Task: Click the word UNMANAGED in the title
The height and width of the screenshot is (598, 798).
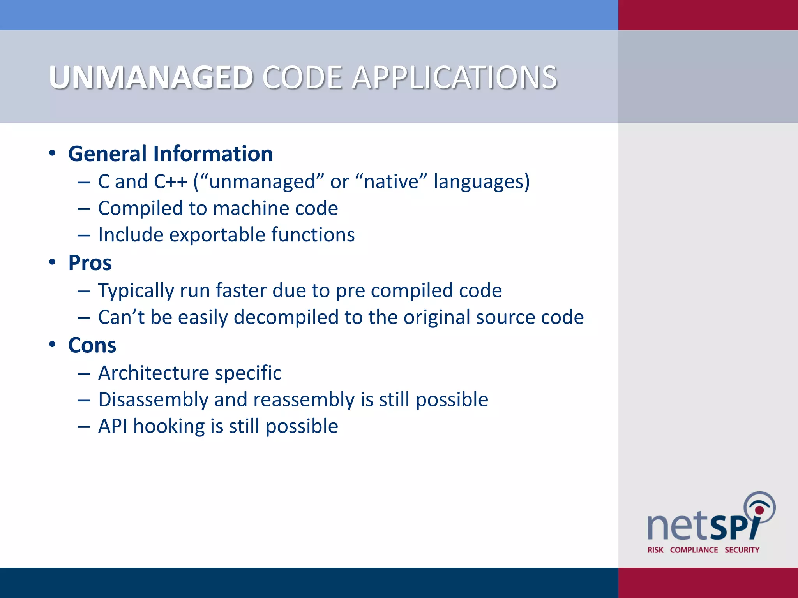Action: click(x=151, y=77)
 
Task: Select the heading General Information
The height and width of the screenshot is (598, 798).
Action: click(x=170, y=154)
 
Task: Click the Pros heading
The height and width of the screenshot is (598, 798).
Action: click(x=90, y=263)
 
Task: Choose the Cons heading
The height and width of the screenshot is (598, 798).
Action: click(x=92, y=345)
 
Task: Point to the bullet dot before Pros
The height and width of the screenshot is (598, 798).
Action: click(x=52, y=262)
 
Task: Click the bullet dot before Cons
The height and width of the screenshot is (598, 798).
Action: click(x=52, y=345)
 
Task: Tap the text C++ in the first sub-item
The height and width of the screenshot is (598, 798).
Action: click(x=170, y=182)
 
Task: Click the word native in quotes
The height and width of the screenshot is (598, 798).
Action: click(x=391, y=182)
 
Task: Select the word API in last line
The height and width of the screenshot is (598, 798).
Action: click(x=113, y=426)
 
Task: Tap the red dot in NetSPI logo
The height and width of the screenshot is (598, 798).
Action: click(x=759, y=510)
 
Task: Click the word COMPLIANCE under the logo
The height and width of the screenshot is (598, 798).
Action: click(x=694, y=550)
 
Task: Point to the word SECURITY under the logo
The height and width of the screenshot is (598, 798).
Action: click(x=742, y=550)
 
